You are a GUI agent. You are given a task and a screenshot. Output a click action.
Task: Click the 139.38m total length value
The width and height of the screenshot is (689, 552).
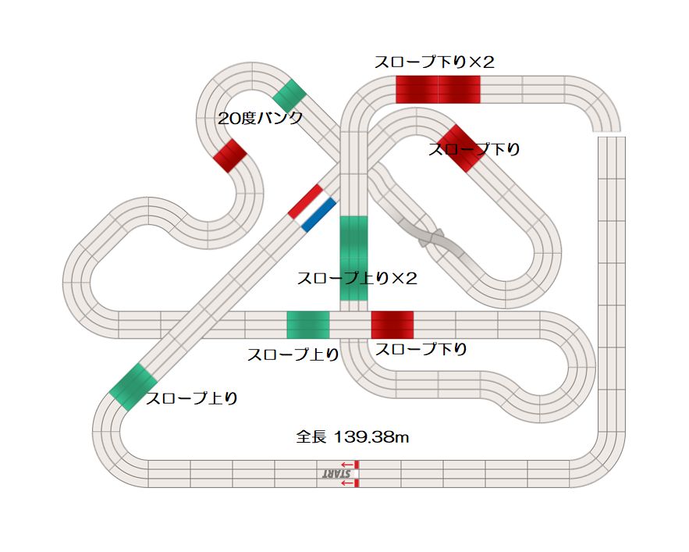(x=371, y=438)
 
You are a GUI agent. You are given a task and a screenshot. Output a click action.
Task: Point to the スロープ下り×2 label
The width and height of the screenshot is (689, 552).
(x=435, y=62)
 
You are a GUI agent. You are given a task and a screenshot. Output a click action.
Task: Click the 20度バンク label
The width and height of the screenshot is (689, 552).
(x=260, y=119)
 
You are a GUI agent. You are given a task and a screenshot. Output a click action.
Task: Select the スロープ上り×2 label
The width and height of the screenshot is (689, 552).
(x=357, y=279)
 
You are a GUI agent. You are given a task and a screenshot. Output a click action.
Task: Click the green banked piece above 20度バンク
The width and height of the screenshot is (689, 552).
(x=289, y=95)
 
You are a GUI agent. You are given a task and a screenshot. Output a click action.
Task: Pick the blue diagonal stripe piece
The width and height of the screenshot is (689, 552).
(x=318, y=215)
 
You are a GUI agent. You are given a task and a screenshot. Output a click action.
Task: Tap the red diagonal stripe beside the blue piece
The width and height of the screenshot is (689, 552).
(x=305, y=201)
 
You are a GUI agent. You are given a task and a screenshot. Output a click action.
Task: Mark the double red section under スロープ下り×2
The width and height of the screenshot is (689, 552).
(x=438, y=90)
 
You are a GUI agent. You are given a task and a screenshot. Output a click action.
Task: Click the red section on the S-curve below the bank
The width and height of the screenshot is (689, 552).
(x=230, y=155)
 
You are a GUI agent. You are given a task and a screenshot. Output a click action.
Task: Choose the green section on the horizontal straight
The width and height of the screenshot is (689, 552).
(x=308, y=325)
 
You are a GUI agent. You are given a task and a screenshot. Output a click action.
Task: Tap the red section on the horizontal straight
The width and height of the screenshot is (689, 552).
(x=392, y=325)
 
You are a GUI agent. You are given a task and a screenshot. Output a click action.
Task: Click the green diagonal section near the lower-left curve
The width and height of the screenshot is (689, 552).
(x=134, y=386)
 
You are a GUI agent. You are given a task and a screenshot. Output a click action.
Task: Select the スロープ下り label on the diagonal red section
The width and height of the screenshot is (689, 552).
(x=474, y=149)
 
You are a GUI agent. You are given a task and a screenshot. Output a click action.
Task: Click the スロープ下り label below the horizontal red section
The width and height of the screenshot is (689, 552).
(x=421, y=350)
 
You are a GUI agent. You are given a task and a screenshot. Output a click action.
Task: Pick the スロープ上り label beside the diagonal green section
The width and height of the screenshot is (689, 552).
(x=191, y=398)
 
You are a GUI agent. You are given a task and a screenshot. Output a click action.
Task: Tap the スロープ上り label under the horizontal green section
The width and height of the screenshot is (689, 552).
(x=293, y=354)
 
